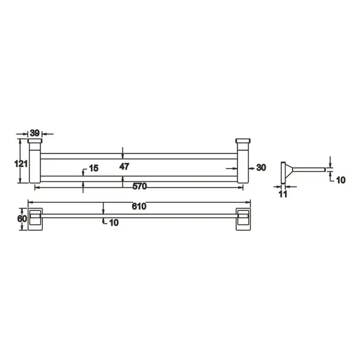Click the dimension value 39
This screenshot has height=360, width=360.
pyautogui.click(x=35, y=133)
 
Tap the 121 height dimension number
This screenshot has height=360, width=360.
pyautogui.click(x=21, y=164)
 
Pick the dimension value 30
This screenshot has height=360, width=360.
pyautogui.click(x=261, y=167)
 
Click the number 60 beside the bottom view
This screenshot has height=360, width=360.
pyautogui.click(x=22, y=219)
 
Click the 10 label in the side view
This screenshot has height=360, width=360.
pyautogui.click(x=340, y=180)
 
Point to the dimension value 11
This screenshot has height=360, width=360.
pyautogui.click(x=283, y=195)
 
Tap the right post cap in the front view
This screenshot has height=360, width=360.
pyautogui.click(x=243, y=141)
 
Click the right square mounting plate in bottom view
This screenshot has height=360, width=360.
pyautogui.click(x=243, y=219)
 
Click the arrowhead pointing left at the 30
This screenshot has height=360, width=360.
pyautogui.click(x=251, y=168)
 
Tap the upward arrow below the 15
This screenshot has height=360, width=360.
pyautogui.click(x=84, y=183)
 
